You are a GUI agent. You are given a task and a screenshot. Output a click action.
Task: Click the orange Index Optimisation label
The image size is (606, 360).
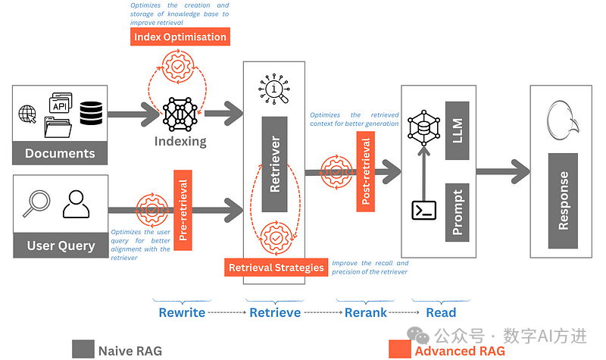(180, 36)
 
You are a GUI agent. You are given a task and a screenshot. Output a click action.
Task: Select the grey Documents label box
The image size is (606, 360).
(60, 153)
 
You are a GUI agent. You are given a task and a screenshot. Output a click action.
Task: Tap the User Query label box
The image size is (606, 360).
(61, 246)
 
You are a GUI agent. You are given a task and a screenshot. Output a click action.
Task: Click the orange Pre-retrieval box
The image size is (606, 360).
(183, 210)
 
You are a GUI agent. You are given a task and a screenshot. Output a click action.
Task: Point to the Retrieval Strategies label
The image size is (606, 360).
(276, 267)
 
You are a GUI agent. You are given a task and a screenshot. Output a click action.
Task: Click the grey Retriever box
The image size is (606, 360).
(275, 164)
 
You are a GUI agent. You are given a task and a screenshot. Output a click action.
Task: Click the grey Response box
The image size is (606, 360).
(564, 200)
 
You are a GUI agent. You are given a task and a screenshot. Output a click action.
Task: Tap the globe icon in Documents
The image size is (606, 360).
(28, 115)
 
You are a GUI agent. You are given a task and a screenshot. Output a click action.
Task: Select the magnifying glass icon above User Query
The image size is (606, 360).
(35, 204)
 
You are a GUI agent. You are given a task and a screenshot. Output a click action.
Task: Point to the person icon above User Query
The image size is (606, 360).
(76, 204)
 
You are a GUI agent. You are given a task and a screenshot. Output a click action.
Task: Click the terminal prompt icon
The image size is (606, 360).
(423, 210)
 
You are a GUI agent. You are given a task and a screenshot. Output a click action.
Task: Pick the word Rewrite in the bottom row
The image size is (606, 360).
(182, 312)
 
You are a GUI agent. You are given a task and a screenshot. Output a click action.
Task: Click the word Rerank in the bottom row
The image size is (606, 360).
(366, 312)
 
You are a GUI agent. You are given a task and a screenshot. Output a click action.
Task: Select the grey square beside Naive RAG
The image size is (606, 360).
(83, 349)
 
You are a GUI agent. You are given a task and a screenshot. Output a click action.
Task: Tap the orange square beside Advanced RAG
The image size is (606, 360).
(399, 349)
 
